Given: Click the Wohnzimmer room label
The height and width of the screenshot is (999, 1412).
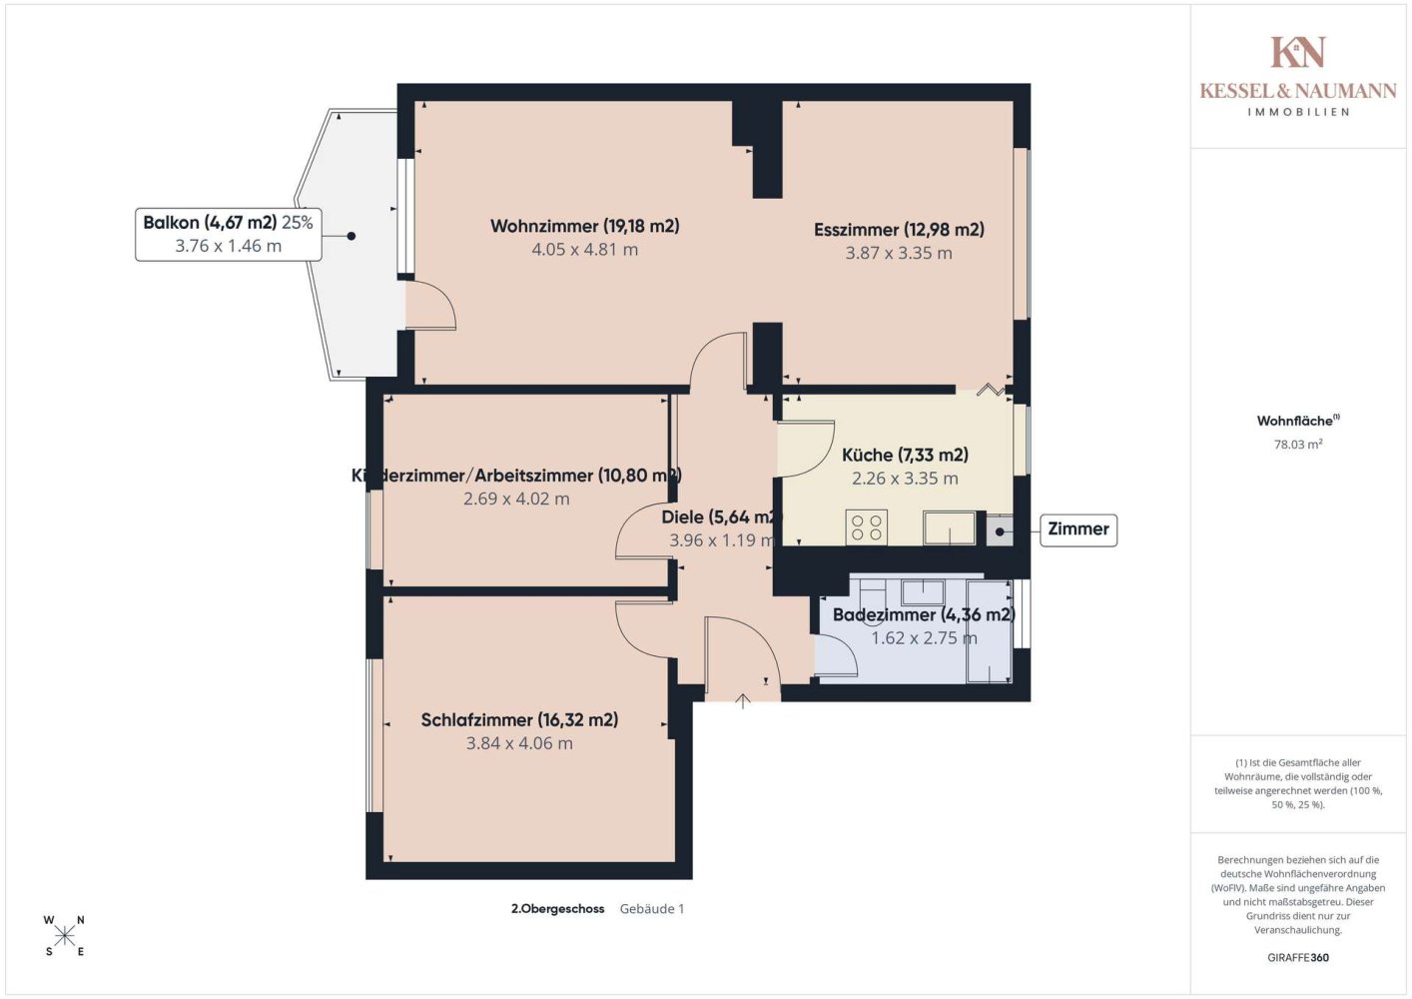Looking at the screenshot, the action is pyautogui.click(x=585, y=226).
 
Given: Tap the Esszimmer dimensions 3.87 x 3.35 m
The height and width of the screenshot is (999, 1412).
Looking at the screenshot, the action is pyautogui.click(x=899, y=253).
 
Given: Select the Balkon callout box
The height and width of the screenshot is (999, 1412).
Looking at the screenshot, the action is pyautogui.click(x=229, y=235).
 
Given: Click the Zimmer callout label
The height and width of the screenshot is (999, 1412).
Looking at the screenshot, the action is pyautogui.click(x=1077, y=529).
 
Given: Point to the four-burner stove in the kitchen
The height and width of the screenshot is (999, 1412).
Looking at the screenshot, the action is pyautogui.click(x=866, y=527).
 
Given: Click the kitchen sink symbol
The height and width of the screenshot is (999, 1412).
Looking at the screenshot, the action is pyautogui.click(x=949, y=527).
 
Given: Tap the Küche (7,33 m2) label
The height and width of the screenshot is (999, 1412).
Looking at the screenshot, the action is pyautogui.click(x=905, y=455).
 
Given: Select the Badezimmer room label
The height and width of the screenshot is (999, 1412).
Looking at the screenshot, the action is pyautogui.click(x=924, y=615).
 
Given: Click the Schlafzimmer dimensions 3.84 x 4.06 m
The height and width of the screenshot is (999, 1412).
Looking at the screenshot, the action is pyautogui.click(x=519, y=743).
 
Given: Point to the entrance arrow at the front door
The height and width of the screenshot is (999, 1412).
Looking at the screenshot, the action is pyautogui.click(x=743, y=700).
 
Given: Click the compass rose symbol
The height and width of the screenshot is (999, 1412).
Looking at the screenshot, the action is pyautogui.click(x=64, y=936).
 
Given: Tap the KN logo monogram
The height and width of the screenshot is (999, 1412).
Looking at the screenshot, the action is pyautogui.click(x=1297, y=52).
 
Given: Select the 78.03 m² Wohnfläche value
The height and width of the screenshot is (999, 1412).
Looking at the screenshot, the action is pyautogui.click(x=1298, y=444).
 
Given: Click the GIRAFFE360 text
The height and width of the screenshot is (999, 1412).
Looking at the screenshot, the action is pyautogui.click(x=1298, y=957).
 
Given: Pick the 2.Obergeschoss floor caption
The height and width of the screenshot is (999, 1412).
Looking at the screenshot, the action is pyautogui.click(x=558, y=909).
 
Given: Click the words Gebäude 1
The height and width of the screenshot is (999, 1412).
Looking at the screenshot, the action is pyautogui.click(x=652, y=909).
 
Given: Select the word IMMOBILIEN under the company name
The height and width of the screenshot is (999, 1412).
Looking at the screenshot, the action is pyautogui.click(x=1298, y=112).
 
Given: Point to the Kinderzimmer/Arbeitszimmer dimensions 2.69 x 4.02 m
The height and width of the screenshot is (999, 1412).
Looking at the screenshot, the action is pyautogui.click(x=516, y=499).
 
